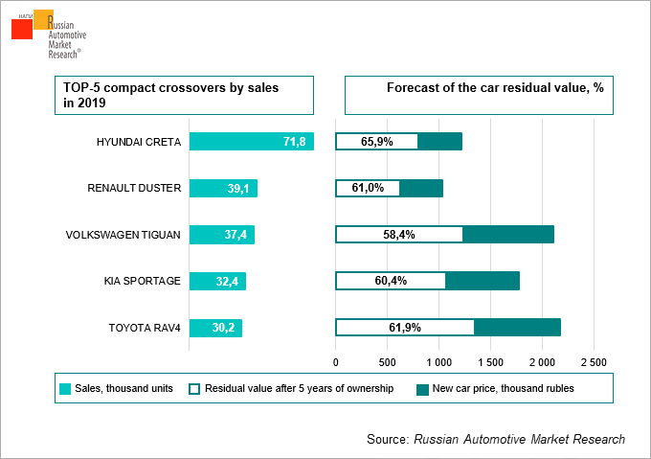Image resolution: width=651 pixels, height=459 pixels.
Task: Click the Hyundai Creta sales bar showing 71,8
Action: point(251,142)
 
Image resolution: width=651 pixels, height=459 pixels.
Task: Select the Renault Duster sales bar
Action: point(223,188)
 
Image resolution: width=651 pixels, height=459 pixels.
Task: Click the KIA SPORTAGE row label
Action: point(142,281)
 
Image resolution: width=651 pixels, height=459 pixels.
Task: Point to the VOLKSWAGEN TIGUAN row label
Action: point(123,235)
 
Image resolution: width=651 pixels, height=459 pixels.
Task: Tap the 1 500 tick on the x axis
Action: point(490,363)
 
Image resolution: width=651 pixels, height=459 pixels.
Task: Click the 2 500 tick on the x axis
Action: point(594,363)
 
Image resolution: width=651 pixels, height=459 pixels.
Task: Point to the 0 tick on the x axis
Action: point(335,363)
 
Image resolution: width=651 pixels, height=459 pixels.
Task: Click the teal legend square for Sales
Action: point(65,389)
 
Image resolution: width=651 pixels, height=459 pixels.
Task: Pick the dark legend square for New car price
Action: point(422,389)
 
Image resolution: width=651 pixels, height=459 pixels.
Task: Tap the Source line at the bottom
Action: point(495,439)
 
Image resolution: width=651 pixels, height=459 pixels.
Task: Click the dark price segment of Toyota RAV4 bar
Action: point(517,328)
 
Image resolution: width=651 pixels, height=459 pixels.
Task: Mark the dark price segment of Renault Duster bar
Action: point(421,188)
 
